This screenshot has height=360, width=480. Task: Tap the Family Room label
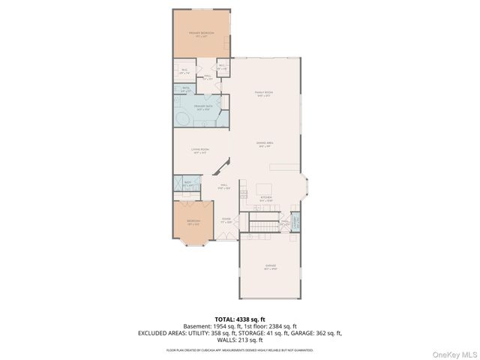pos(263,94)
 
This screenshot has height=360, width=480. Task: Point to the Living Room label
pos(200,150)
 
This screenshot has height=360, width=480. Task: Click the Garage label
pos(269,268)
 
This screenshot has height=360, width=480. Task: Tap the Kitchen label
pos(266,199)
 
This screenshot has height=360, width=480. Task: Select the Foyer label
pos(226,220)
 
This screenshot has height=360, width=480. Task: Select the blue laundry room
pos(295,222)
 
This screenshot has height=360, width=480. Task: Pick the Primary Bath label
pos(200,107)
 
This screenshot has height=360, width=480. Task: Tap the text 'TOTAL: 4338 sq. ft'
pos(240,319)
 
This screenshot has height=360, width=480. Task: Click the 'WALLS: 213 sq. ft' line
pos(240,339)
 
